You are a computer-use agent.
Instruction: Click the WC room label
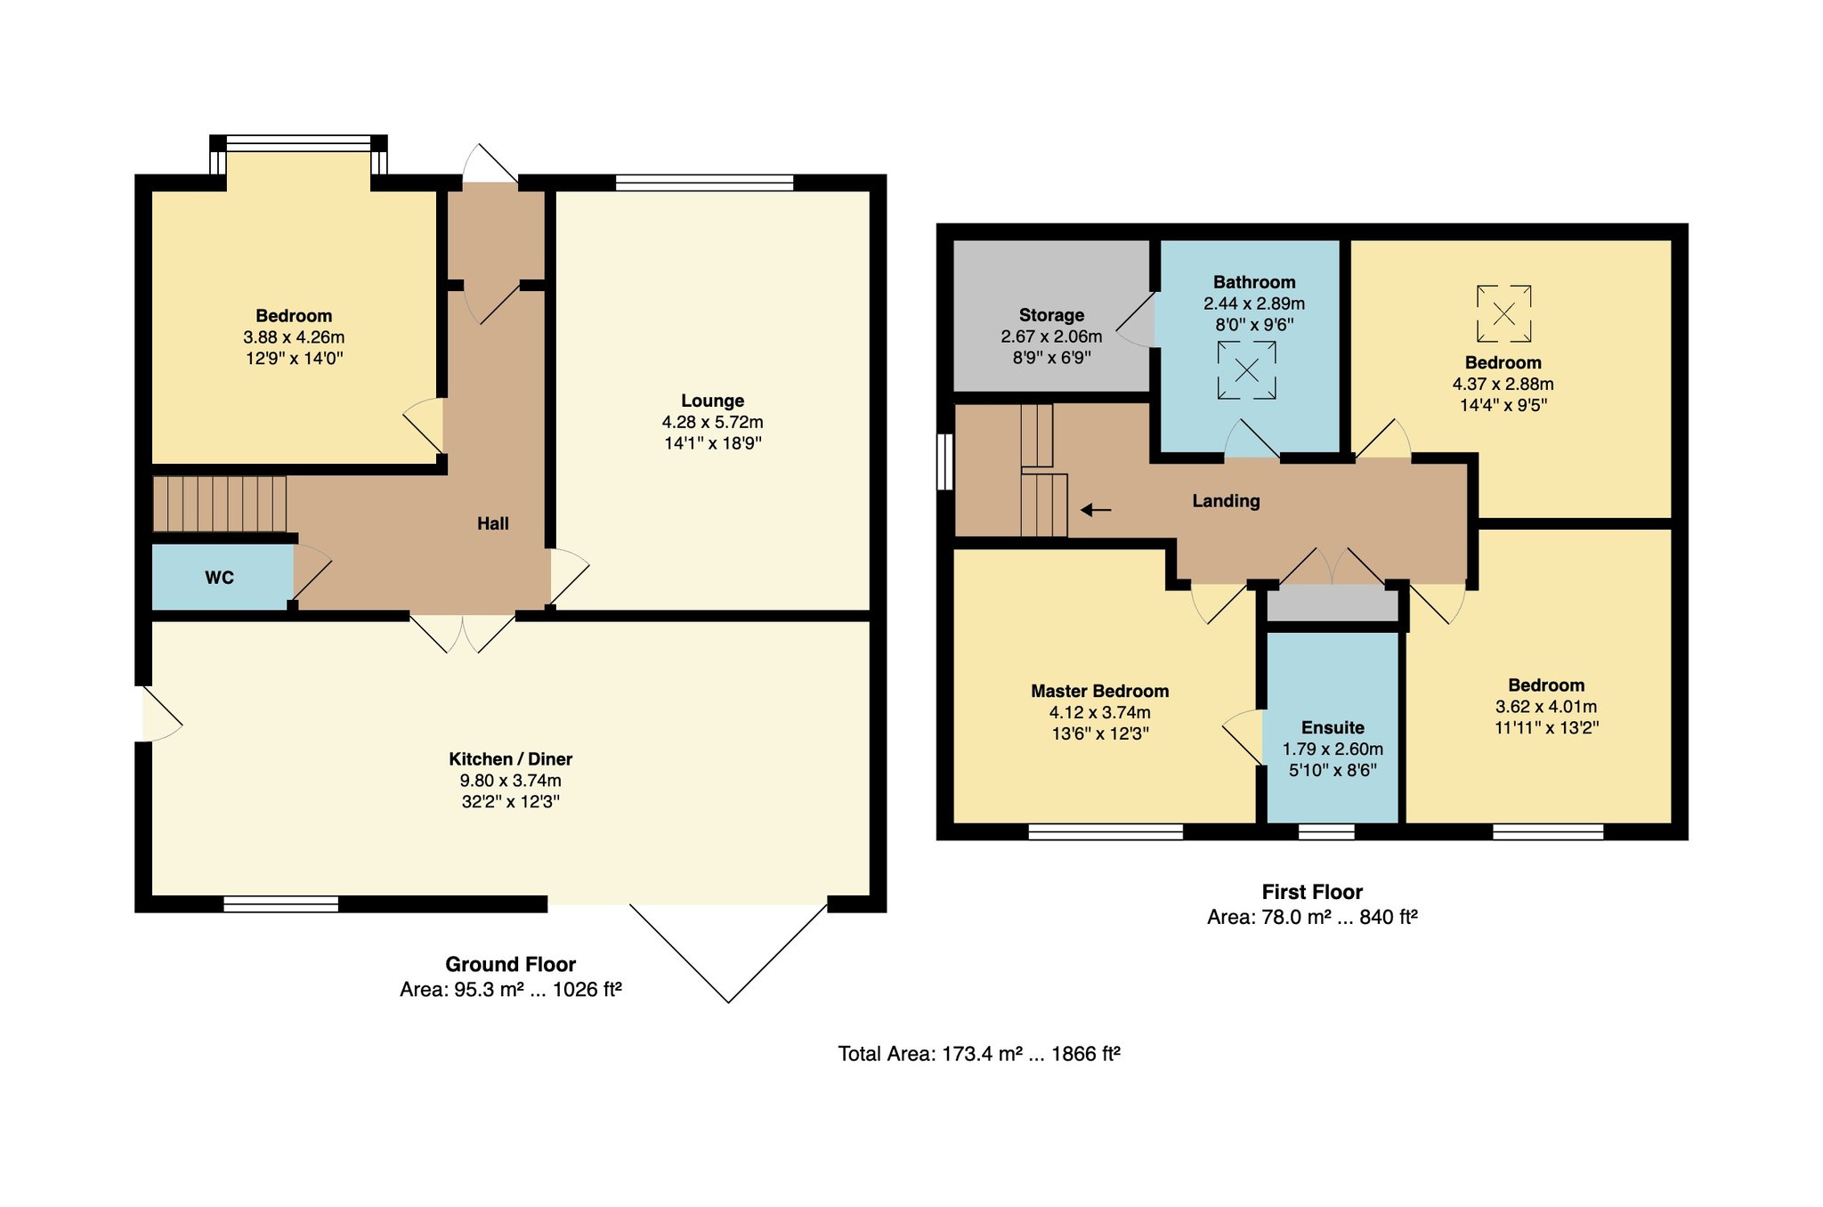[219, 578]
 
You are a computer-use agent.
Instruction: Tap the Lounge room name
[712, 401]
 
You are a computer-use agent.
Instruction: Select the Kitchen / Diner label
[510, 759]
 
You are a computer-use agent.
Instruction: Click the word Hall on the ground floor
[492, 523]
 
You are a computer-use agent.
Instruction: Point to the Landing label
[1226, 501]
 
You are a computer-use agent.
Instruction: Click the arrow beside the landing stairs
[1096, 510]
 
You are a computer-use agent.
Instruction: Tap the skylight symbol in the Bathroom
[1246, 370]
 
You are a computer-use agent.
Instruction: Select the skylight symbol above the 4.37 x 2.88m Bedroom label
[1503, 313]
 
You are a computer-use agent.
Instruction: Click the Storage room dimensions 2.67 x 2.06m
[1051, 336]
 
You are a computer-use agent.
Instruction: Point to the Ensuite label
[1333, 727]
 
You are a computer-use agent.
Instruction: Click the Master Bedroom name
[1099, 691]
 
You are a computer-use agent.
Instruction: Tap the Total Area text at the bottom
[979, 1054]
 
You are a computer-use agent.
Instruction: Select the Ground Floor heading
[510, 964]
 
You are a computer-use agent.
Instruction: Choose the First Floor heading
[1312, 892]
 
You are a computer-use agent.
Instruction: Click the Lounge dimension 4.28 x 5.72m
[712, 422]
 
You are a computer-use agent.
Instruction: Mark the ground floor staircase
[219, 504]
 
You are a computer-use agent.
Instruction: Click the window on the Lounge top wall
[704, 182]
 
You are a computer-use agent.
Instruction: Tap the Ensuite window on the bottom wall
[1326, 831]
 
